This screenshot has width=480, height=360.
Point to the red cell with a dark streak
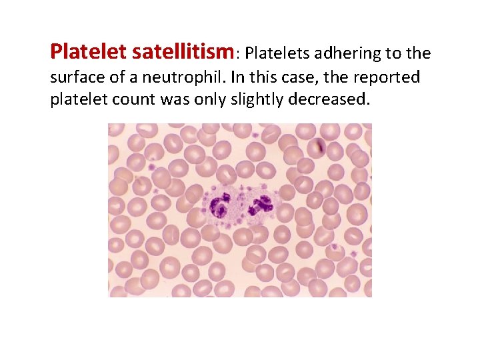coord(321,146)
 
